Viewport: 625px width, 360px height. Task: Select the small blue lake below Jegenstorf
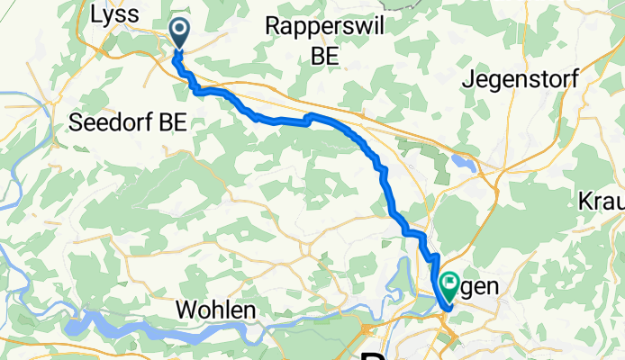click(463, 164)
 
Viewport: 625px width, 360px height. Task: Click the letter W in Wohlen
click(186, 310)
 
